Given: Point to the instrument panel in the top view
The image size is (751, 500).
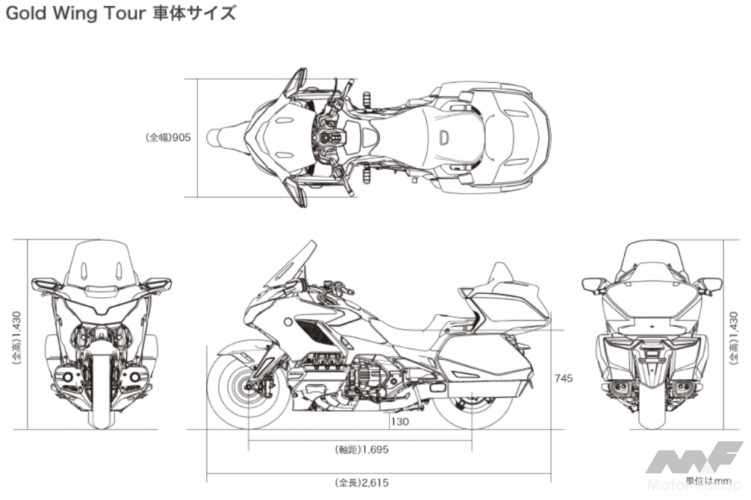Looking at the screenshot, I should pyautogui.click(x=326, y=136).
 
